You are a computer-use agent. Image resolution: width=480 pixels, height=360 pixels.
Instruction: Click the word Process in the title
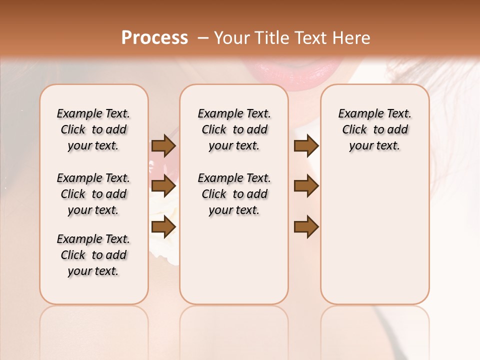[154, 38]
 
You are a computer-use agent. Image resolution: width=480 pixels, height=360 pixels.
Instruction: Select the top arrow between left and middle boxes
[163, 146]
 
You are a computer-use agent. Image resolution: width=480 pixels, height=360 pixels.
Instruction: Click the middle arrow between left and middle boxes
[163, 186]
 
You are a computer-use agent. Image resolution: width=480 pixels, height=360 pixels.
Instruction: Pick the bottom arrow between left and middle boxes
[163, 227]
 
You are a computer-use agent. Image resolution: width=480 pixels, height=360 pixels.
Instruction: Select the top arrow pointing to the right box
[306, 146]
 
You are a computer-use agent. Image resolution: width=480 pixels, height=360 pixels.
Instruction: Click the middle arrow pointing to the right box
[306, 186]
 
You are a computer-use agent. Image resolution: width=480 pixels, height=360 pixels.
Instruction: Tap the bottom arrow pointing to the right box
[306, 227]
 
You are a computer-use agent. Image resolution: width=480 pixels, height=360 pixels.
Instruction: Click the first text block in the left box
[93, 129]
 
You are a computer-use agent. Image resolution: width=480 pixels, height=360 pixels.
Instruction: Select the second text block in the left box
[93, 194]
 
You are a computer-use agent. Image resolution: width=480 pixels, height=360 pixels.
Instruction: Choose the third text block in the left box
[93, 255]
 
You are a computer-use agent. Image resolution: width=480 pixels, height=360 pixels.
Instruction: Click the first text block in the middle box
[234, 129]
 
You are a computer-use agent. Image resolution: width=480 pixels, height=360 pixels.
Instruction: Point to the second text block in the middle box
[234, 194]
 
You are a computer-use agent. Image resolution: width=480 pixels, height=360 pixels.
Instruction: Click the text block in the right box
[374, 129]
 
